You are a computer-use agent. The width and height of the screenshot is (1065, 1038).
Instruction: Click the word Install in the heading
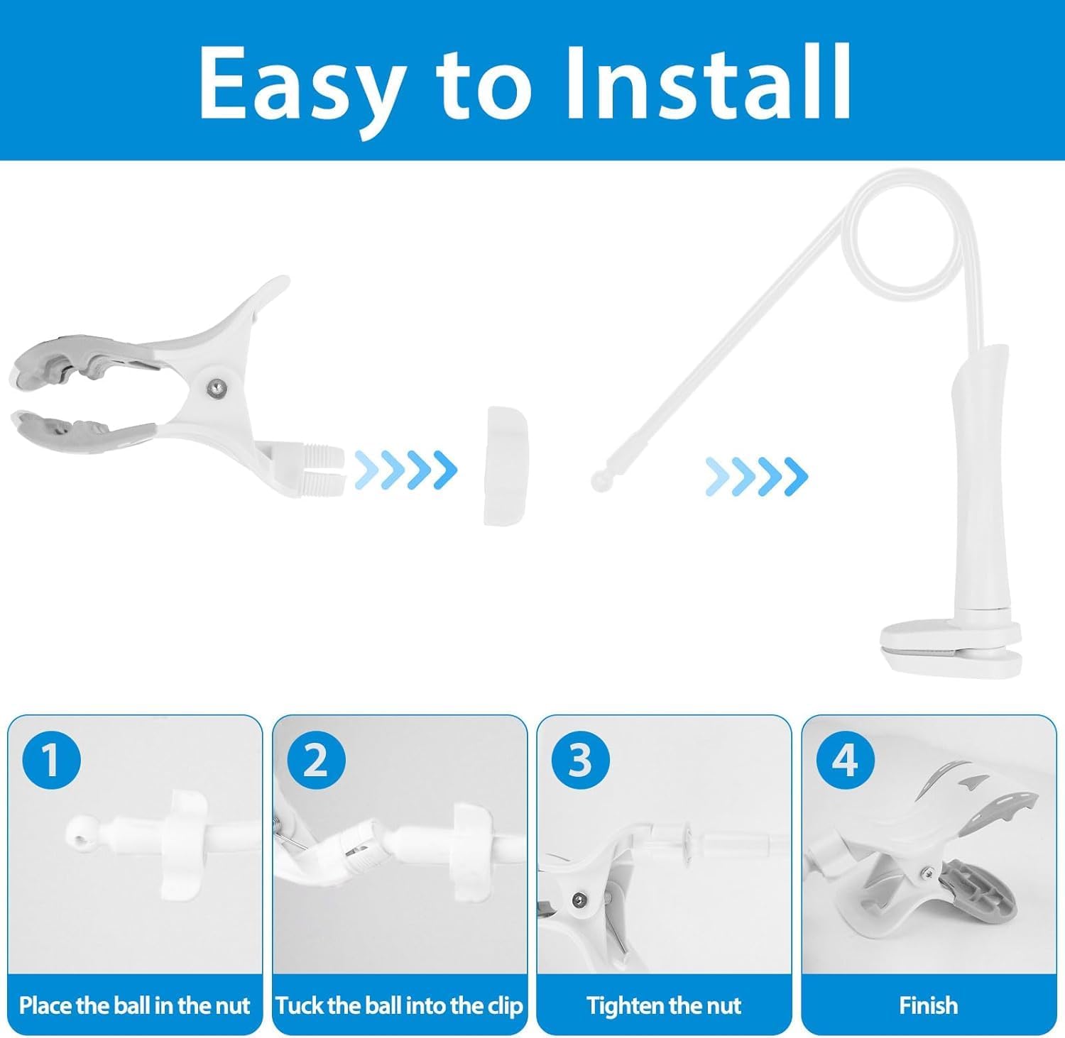[708, 84]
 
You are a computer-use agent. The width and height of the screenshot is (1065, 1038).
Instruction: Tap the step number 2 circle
[315, 760]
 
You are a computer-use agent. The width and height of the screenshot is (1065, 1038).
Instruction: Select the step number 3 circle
[580, 760]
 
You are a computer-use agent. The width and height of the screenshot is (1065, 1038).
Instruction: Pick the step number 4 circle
[845, 760]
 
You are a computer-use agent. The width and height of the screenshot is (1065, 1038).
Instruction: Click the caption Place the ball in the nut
[134, 1005]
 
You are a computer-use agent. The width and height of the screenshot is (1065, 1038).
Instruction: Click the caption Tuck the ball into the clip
[399, 1005]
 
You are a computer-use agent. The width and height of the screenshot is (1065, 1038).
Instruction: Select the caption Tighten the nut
[664, 1005]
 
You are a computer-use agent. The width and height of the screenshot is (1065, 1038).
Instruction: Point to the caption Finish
[928, 1005]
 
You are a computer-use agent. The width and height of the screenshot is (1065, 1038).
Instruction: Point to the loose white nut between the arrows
[506, 465]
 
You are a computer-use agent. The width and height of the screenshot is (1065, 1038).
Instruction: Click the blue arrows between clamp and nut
[405, 469]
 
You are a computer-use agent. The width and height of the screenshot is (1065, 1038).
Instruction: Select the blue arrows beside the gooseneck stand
[756, 476]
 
